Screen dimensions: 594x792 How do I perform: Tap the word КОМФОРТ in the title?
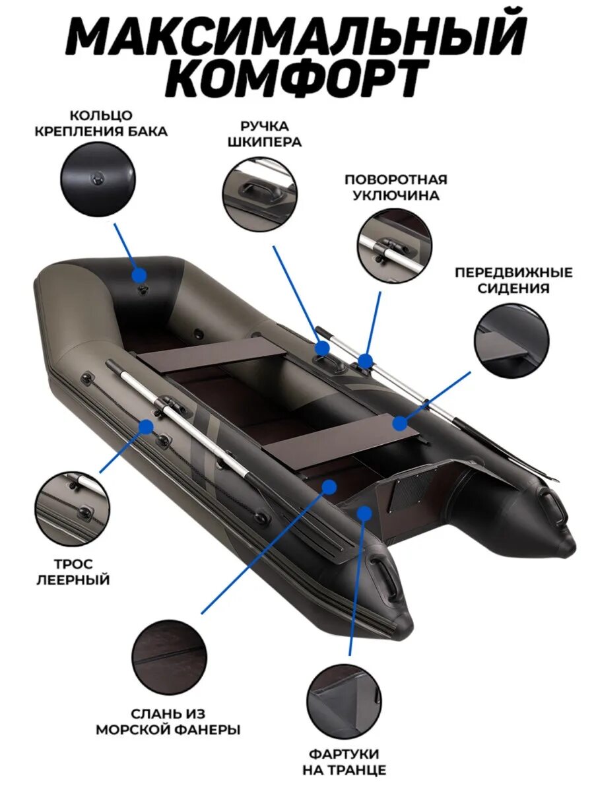pyautogui.click(x=296, y=77)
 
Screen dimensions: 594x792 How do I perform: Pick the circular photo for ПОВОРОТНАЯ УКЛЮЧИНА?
pyautogui.click(x=395, y=246)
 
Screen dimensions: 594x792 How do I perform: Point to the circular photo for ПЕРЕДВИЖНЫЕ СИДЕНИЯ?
pyautogui.click(x=511, y=341)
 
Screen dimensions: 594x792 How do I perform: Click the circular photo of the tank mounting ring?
pyautogui.click(x=98, y=180)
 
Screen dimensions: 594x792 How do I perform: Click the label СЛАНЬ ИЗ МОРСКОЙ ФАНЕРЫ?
pyautogui.click(x=168, y=722)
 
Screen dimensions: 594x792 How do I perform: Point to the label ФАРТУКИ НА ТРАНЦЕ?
pyautogui.click(x=344, y=762)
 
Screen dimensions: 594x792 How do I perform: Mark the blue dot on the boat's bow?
pyautogui.click(x=139, y=274)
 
